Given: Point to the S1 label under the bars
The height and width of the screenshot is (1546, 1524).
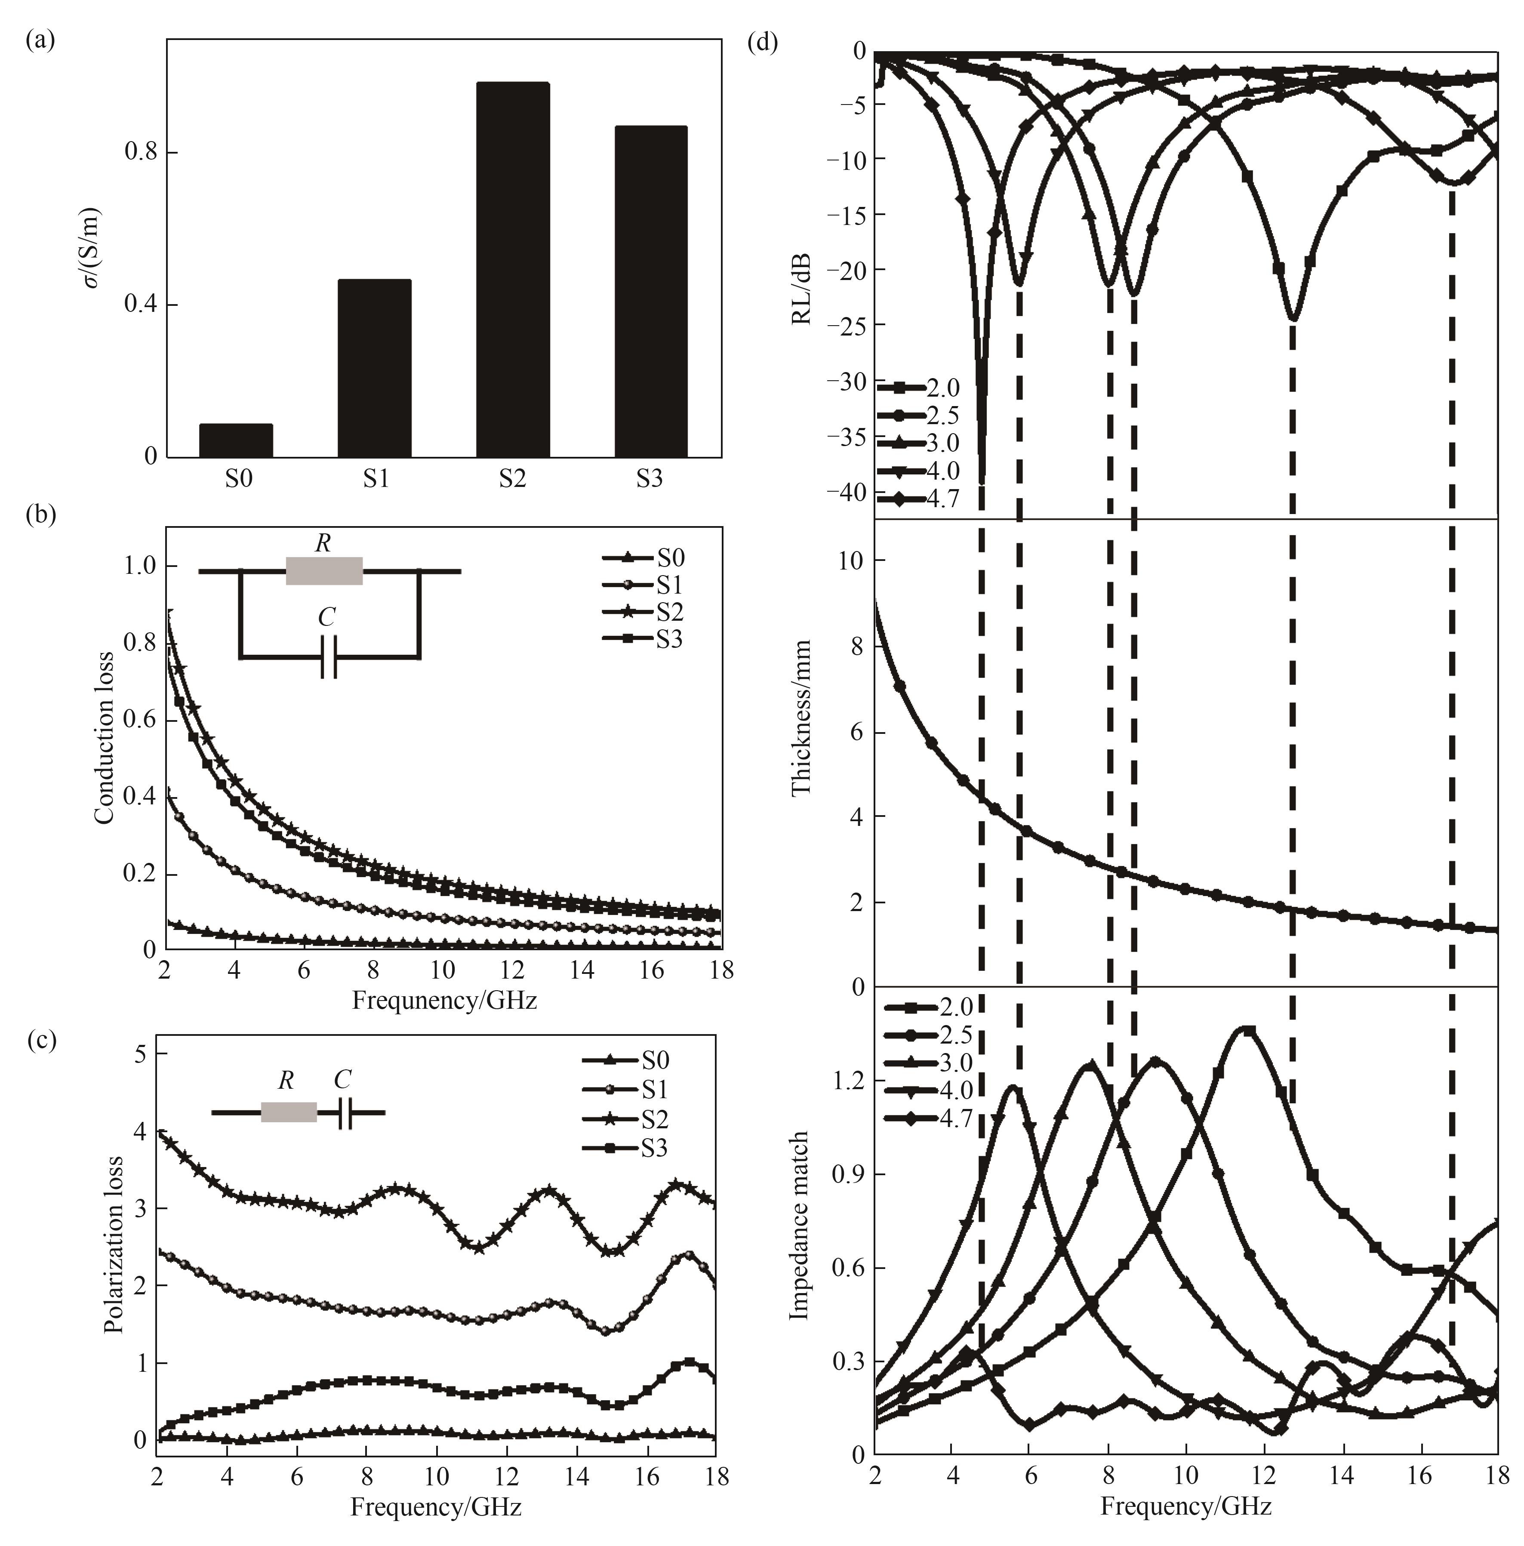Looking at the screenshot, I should [375, 478].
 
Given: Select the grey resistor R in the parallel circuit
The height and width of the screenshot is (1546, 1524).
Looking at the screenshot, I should [324, 570].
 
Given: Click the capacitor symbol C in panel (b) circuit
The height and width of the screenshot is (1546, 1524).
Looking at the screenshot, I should [328, 656].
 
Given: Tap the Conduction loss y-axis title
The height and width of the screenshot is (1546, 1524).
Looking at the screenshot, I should [104, 738].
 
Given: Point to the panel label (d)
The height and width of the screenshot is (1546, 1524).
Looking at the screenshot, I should [762, 42].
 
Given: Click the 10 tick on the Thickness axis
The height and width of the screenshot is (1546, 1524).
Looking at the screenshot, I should [852, 561].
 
